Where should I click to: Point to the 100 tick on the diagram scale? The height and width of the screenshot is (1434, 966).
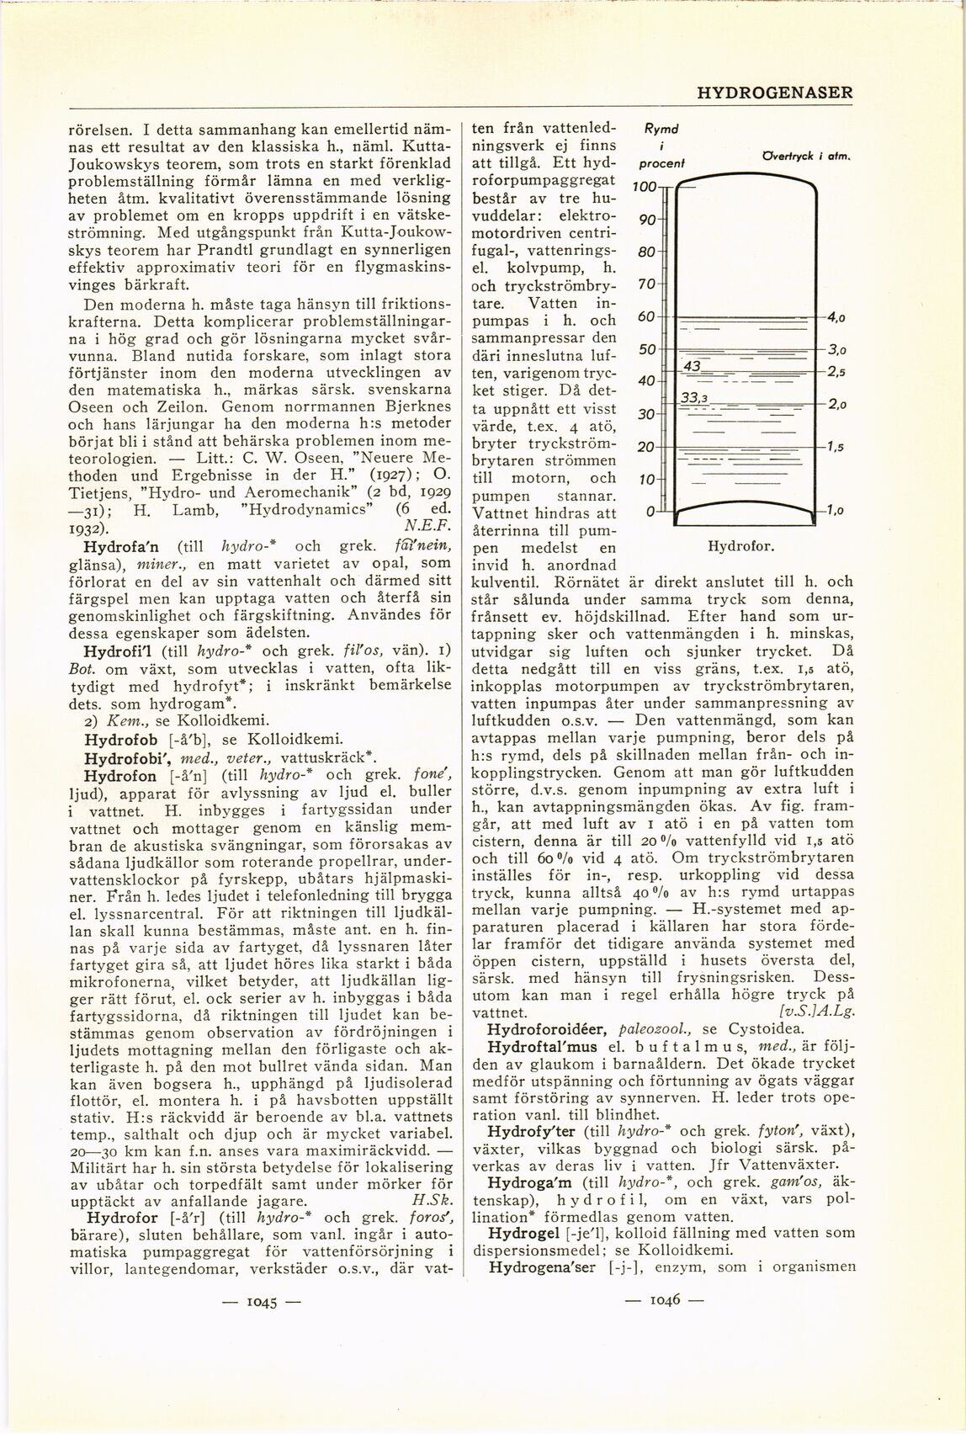tap(645, 187)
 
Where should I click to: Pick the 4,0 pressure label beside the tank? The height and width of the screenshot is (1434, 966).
tap(835, 317)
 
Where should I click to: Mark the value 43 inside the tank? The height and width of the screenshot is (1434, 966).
tap(693, 365)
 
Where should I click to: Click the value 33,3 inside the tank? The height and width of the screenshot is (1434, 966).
tap(693, 398)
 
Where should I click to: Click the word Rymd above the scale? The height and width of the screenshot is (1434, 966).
tap(661, 130)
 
